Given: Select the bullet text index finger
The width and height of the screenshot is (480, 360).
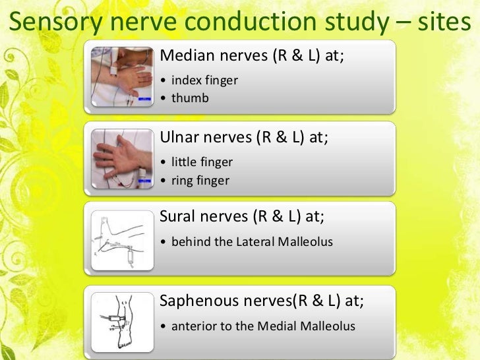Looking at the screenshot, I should [x=204, y=80].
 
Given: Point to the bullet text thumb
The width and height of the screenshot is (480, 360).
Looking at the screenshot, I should [x=190, y=98].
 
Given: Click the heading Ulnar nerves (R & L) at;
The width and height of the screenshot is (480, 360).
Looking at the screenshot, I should [x=245, y=137].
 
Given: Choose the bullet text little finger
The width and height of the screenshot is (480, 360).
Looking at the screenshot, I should [x=202, y=162].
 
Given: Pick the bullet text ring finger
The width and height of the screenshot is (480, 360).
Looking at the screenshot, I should [x=200, y=179].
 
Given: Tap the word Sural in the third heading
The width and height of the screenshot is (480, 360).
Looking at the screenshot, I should [x=178, y=218].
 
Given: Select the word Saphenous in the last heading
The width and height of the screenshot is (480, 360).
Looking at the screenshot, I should [x=194, y=301].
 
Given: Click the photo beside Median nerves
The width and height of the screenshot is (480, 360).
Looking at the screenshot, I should [x=122, y=76].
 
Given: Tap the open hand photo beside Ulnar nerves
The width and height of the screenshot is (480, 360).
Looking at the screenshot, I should [x=122, y=158].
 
